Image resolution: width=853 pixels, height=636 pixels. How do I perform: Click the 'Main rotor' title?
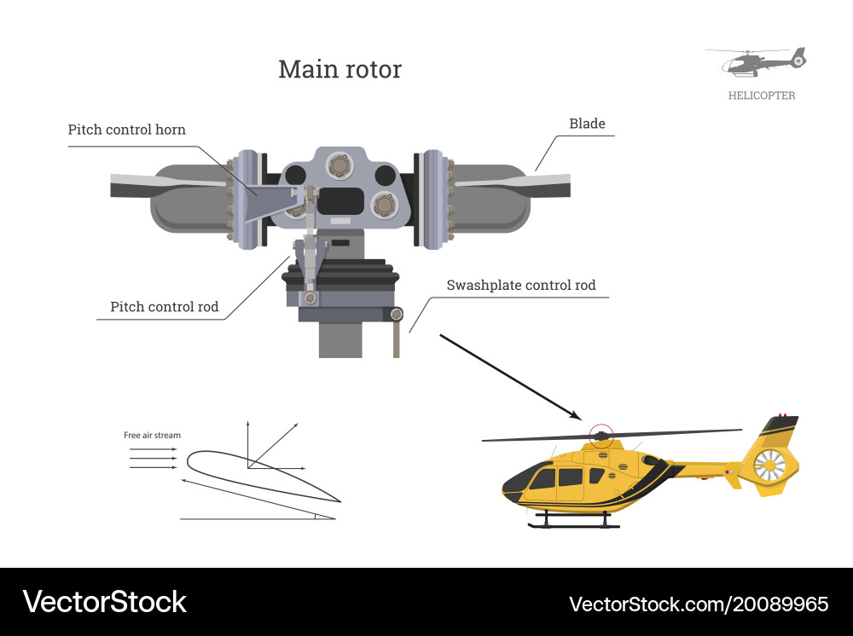pos(339,69)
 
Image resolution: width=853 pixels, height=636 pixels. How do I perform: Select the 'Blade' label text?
pos(587,124)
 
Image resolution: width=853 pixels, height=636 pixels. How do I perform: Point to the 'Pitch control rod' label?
pos(164,307)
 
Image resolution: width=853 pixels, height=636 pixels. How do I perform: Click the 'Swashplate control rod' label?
pos(521,285)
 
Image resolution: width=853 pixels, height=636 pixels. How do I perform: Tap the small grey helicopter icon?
pos(757,62)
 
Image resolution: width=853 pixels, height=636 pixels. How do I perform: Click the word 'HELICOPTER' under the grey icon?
pos(761,95)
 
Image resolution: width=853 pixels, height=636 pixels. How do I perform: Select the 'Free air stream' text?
pos(152,436)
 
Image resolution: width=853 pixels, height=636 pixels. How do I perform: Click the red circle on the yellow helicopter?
pos(601,436)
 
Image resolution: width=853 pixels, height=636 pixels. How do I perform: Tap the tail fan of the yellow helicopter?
pos(769,465)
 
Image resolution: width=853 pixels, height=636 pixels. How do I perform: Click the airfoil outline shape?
pos(256,477)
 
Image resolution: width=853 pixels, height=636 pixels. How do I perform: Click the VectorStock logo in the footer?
pos(104,602)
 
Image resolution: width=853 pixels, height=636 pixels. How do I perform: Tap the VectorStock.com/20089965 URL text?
pos(699,604)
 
